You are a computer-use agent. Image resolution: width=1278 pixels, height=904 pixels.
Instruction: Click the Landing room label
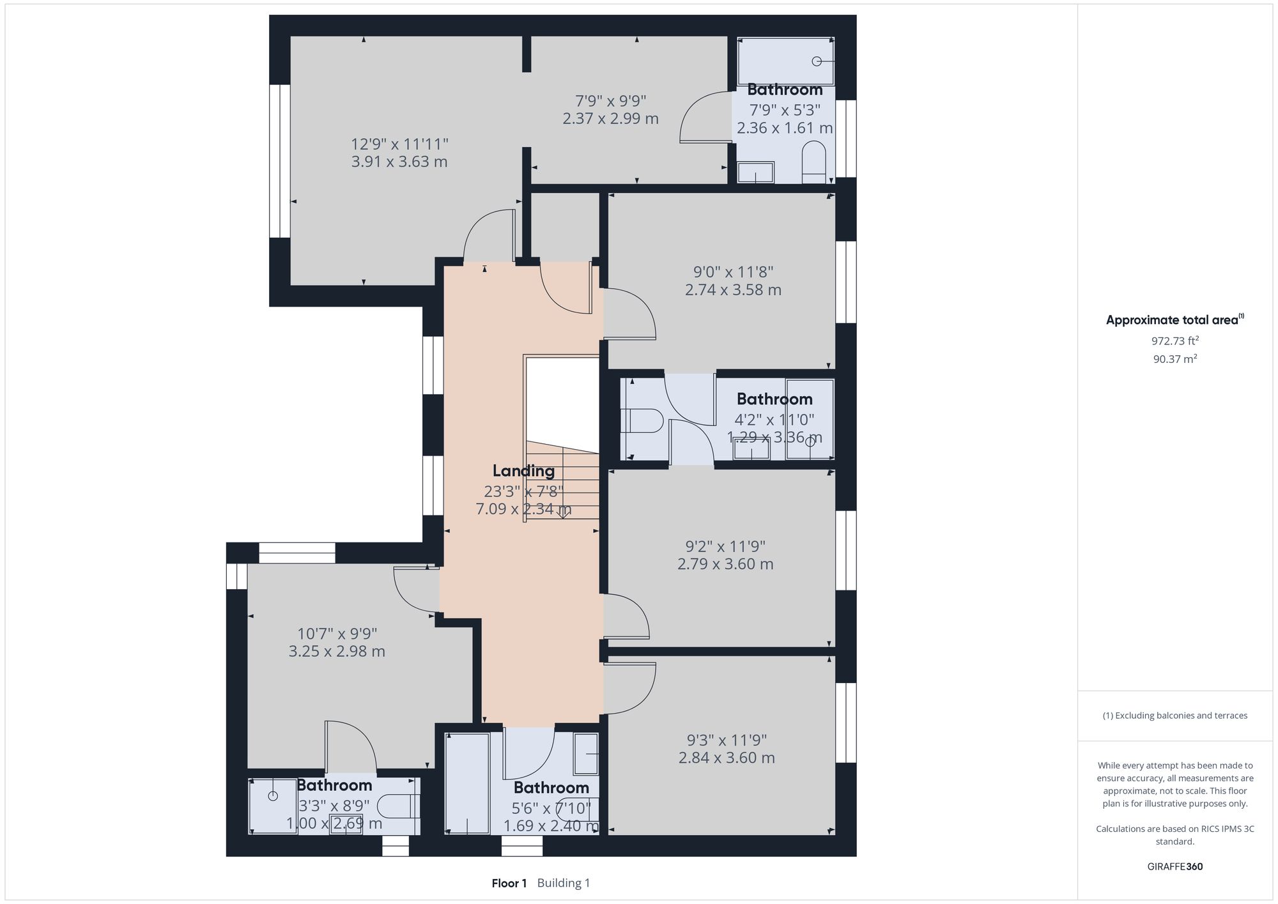(x=523, y=471)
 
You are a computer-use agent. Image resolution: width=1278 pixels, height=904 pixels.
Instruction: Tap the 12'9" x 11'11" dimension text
(x=399, y=144)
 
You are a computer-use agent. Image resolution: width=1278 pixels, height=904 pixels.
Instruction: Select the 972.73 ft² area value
(x=1174, y=341)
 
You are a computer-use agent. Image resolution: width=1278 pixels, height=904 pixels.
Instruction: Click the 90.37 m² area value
(x=1174, y=359)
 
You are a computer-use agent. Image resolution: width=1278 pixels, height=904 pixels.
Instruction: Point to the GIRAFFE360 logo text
(x=1174, y=867)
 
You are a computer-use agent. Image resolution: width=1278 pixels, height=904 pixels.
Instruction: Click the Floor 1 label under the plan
(x=509, y=884)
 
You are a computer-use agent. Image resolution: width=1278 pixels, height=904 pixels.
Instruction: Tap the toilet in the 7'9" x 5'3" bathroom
(x=813, y=159)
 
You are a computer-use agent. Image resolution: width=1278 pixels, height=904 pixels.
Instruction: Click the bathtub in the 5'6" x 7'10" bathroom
(x=467, y=783)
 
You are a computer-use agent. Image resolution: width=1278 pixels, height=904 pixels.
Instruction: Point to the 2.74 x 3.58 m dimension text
(x=733, y=290)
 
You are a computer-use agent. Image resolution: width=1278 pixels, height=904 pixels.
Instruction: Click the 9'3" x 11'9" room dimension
(x=727, y=740)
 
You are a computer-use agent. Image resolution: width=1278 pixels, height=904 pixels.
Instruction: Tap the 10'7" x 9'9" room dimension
(x=337, y=634)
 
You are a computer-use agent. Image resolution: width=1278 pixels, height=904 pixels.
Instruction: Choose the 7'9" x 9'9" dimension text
(x=610, y=101)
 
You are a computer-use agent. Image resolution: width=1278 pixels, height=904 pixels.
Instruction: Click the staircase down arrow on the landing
(x=563, y=512)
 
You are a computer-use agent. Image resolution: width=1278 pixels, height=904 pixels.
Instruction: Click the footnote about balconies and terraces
(x=1174, y=716)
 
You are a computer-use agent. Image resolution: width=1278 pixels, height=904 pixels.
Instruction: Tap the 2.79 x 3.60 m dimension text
(x=725, y=564)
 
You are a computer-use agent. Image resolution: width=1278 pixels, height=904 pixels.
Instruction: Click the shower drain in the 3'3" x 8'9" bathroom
(x=273, y=796)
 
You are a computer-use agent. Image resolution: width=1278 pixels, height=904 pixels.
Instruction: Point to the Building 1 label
(x=564, y=884)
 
